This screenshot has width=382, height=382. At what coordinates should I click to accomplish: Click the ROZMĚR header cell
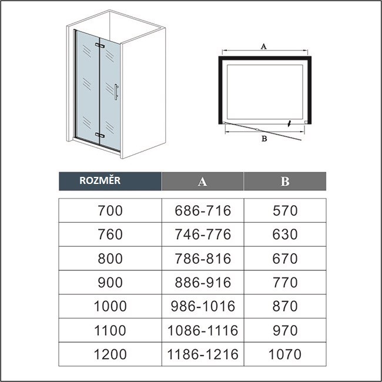coord(110,181)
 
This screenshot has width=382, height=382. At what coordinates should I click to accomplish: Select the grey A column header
coord(203,181)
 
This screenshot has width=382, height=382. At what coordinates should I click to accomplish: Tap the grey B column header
coord(285,181)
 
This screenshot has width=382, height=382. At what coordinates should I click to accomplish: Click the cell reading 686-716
coord(203,210)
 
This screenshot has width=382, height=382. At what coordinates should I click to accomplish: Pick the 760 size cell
coord(110,234)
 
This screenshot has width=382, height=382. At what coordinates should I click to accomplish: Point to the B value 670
coord(285,258)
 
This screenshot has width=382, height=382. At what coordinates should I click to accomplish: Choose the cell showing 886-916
coord(203,282)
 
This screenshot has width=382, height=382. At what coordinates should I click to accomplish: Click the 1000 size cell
coord(110,306)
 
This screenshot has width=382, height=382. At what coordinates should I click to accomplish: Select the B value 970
coord(285,330)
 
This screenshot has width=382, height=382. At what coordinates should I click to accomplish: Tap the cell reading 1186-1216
coord(203,354)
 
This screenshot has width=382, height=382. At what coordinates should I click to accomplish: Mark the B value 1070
coord(285,354)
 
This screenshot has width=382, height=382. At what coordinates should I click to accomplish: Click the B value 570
coord(285,210)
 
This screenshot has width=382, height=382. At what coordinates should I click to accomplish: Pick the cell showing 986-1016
coord(203,306)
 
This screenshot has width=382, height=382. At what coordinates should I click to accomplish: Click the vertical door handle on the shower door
coord(116,92)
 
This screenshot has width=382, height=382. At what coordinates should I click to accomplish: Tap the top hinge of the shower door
coord(100,45)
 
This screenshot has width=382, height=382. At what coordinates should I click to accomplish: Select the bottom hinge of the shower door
coord(100,135)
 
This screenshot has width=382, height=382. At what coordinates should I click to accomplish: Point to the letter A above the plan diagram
coord(264,46)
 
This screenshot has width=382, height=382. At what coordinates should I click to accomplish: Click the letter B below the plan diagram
coord(264,139)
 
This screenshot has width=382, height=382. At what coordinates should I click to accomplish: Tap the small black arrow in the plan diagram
coord(289,123)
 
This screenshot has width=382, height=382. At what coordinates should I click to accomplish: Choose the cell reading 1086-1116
coord(203,330)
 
